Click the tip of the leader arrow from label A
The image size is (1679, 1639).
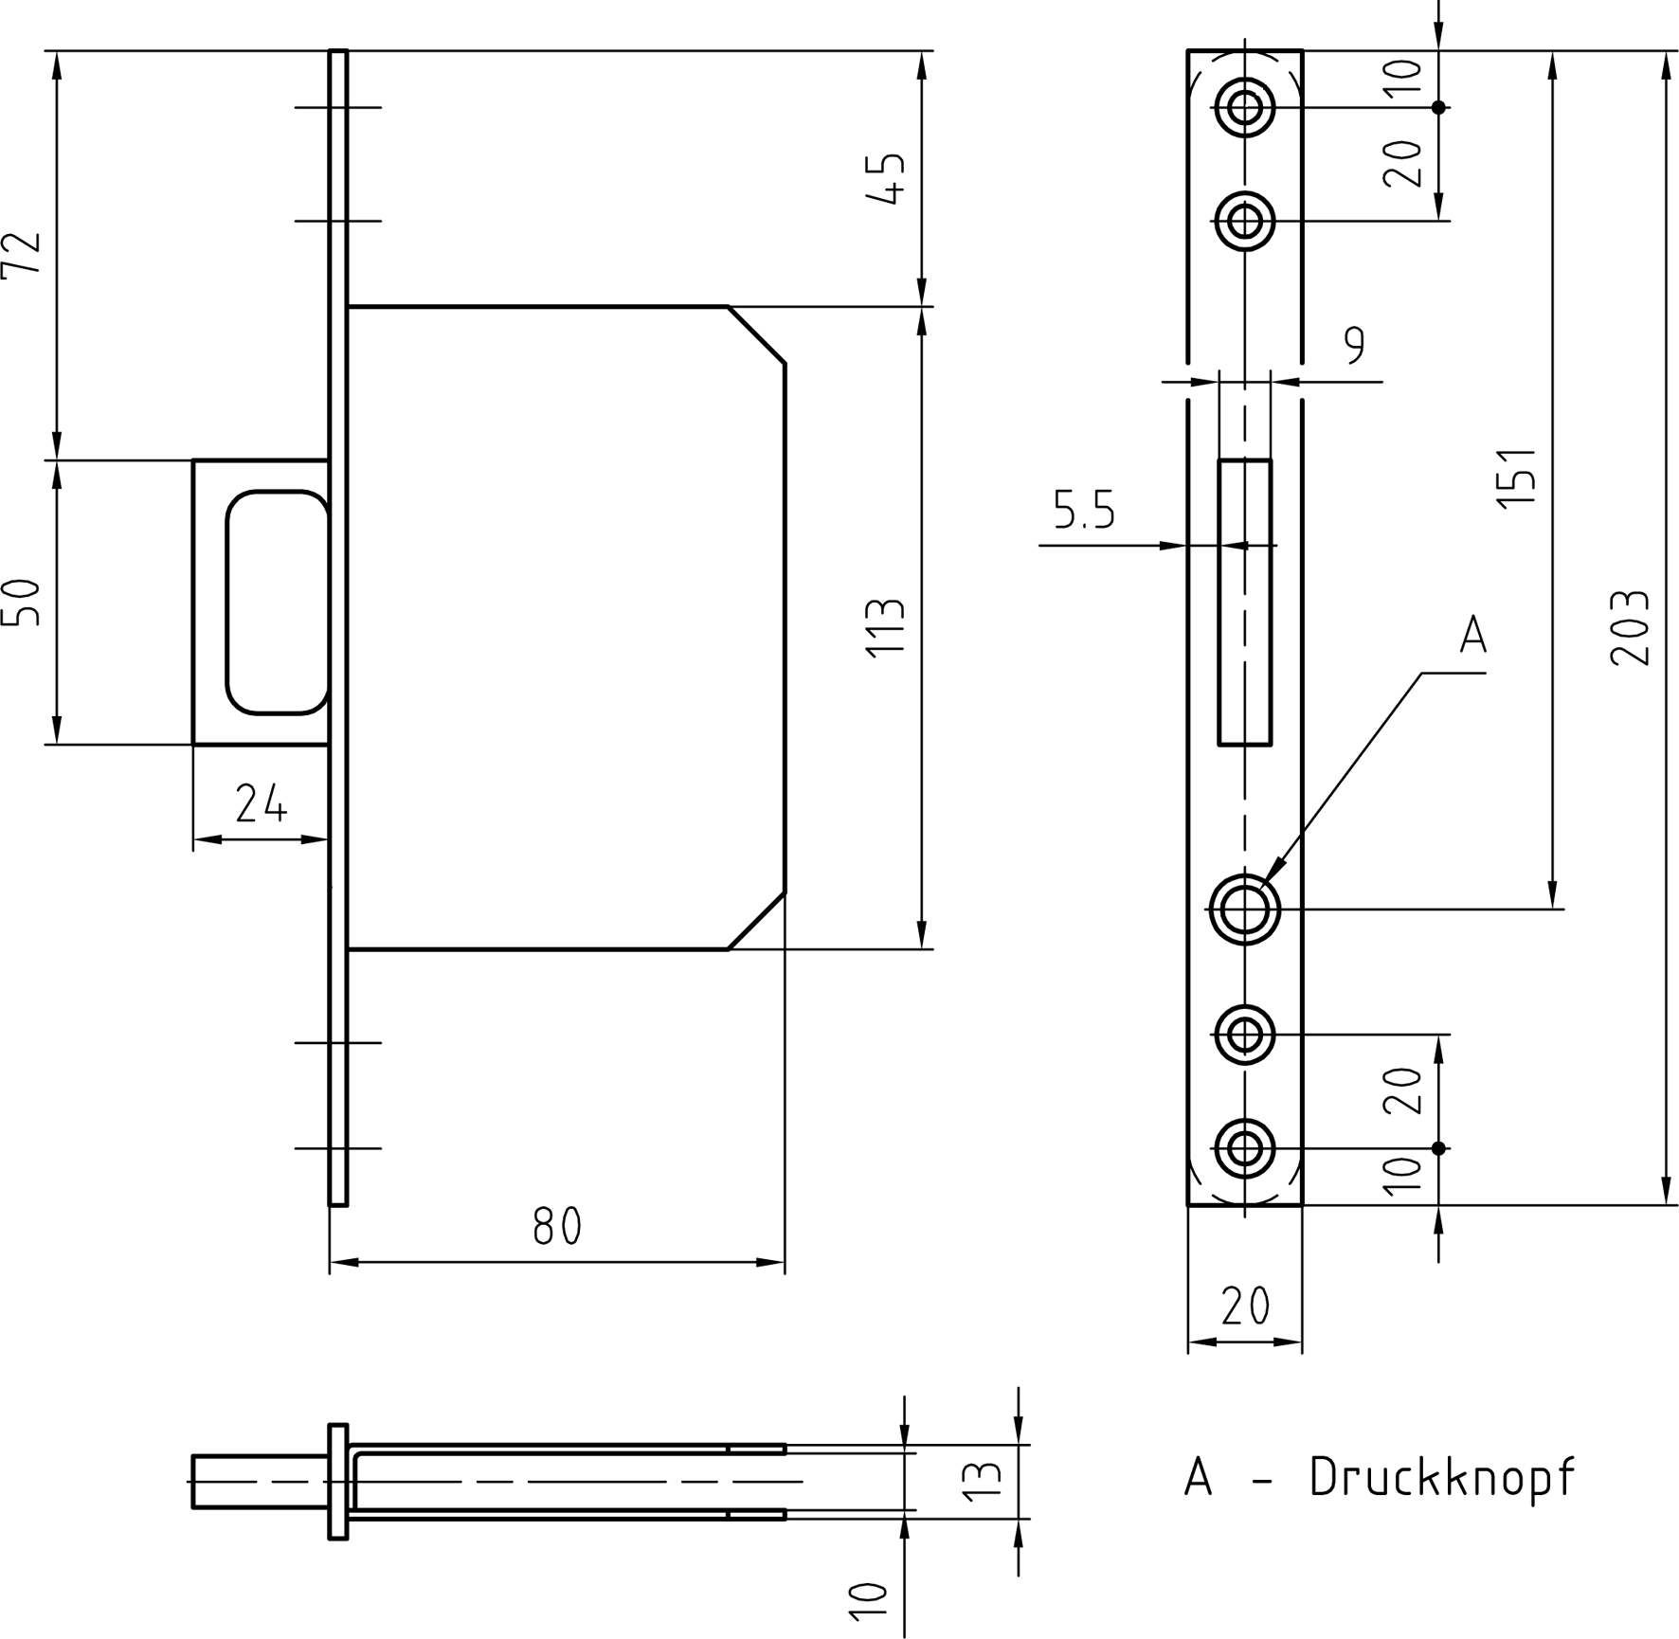1266,883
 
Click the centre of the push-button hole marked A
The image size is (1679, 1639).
1244,910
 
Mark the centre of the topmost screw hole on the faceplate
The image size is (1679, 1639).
1244,107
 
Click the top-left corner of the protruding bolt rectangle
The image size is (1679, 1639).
193,460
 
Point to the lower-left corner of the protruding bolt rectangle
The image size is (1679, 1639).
193,745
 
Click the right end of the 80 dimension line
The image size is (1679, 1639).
785,1262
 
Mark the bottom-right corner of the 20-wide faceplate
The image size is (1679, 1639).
1302,1205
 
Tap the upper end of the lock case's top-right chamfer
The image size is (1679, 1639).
728,307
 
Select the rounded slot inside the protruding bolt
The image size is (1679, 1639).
278,603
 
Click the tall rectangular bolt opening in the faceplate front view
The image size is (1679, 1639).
1244,603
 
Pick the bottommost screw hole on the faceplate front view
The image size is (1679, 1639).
1244,1148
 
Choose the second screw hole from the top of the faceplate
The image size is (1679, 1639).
1244,221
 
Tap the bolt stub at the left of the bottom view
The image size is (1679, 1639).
261,1482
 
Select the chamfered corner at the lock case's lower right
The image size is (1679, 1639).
756,920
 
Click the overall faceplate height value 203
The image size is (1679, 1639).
1629,628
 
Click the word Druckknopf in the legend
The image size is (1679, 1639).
1442,1477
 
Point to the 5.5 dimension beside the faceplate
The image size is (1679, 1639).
1084,511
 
